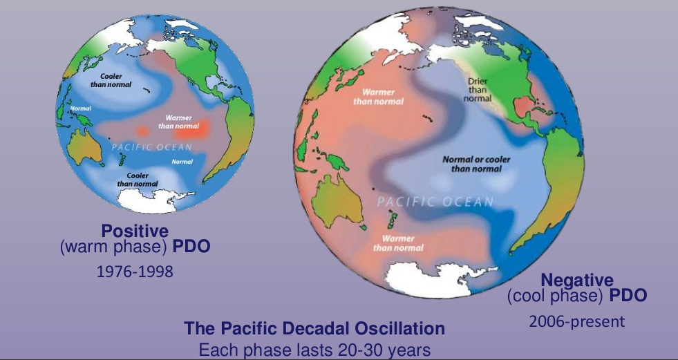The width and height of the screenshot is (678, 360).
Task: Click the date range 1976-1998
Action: pyautogui.click(x=135, y=272)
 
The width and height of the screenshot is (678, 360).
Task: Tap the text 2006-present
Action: pyautogui.click(x=577, y=321)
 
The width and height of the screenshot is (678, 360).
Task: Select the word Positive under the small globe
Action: pyautogui.click(x=135, y=231)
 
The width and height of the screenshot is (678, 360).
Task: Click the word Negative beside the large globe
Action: pyautogui.click(x=577, y=281)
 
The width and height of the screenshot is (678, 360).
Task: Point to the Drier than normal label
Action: pyautogui.click(x=478, y=89)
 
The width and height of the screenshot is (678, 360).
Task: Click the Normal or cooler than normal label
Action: pyautogui.click(x=476, y=164)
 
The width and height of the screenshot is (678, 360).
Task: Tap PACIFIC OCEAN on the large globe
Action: pyautogui.click(x=435, y=202)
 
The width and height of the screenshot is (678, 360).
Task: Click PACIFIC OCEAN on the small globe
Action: pyautogui.click(x=152, y=147)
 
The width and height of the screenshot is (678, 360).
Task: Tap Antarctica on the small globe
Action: pyautogui.click(x=152, y=200)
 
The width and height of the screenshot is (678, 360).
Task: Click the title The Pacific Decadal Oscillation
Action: pyautogui.click(x=314, y=328)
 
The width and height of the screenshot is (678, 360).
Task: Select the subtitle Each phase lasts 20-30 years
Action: pyautogui.click(x=314, y=349)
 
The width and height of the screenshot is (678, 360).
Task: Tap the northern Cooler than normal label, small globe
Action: pyautogui.click(x=111, y=80)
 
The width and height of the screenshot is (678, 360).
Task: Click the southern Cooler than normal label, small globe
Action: pyautogui.click(x=138, y=180)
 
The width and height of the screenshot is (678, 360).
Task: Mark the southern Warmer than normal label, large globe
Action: pyautogui.click(x=398, y=243)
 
